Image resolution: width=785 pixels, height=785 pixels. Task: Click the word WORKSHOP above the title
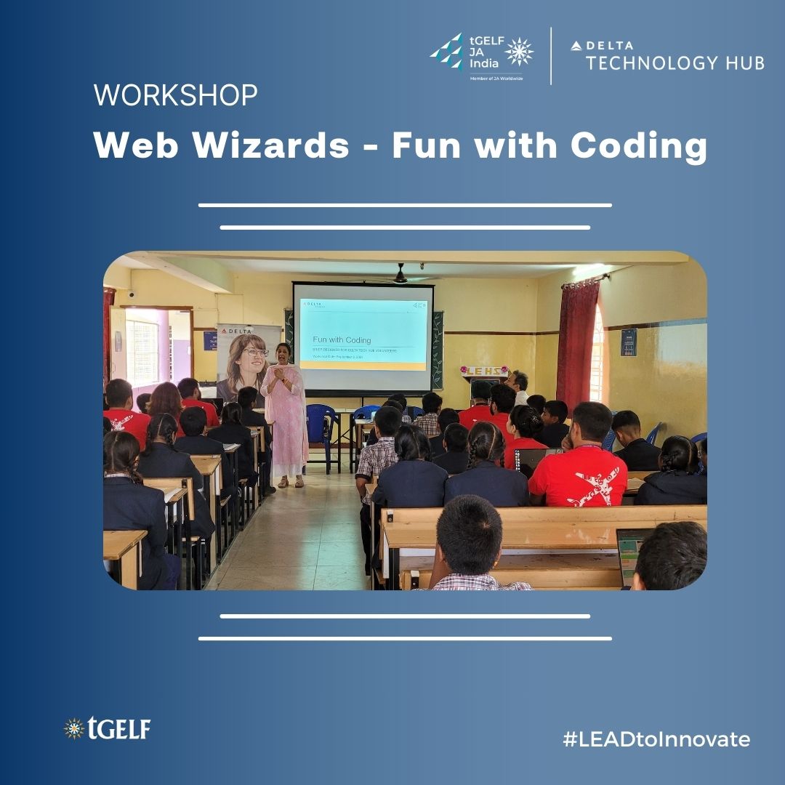tap(175, 96)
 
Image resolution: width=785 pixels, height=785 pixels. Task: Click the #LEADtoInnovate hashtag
tap(656, 740)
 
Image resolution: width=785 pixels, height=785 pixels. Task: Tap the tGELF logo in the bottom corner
tap(107, 728)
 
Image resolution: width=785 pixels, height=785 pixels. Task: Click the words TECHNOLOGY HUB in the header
tap(675, 63)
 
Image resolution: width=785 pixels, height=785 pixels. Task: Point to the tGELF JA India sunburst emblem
tap(519, 52)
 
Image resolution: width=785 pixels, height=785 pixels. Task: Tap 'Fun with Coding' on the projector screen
tap(342, 339)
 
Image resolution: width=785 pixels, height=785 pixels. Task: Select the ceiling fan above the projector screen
tap(400, 275)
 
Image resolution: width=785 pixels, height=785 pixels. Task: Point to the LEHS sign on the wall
tap(484, 371)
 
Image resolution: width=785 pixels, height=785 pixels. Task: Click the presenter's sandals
tap(289, 482)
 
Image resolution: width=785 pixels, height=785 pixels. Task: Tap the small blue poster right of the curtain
tap(629, 342)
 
